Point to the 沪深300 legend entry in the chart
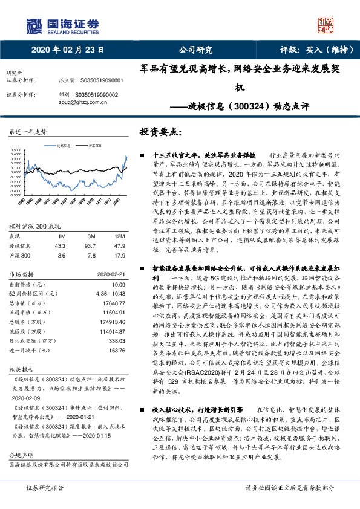[94, 146]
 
